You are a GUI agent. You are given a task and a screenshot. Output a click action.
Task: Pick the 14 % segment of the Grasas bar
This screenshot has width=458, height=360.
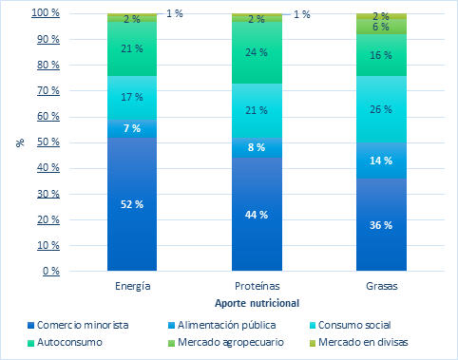click(381, 161)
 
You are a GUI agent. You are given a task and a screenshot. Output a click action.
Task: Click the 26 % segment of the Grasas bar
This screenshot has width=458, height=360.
click(381, 109)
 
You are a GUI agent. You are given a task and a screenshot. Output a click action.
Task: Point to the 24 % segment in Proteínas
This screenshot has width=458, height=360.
click(257, 52)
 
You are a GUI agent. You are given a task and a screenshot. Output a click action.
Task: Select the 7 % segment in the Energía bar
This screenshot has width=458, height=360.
click(132, 128)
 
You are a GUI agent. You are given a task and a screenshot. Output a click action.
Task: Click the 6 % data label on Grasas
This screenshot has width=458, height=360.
click(381, 27)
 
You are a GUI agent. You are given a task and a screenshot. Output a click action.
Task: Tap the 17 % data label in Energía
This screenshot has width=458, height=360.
click(132, 97)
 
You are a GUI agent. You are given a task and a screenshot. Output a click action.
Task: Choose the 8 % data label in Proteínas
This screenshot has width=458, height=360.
click(257, 147)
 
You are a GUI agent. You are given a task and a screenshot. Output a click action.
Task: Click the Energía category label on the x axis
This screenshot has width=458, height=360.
click(132, 286)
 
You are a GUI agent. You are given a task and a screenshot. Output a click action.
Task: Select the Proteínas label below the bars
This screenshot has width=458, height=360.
click(257, 286)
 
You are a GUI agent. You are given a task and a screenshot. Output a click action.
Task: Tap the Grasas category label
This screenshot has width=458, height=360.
click(381, 286)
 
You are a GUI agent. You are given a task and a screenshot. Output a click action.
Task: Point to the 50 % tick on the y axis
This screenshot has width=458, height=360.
click(46, 142)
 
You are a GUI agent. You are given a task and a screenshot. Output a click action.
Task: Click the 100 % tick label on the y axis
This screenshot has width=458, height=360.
click(44, 14)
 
